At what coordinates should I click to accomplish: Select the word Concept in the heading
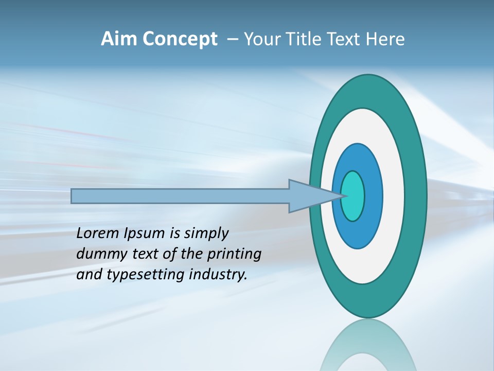coord(180,39)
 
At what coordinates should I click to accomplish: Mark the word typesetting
coord(146,275)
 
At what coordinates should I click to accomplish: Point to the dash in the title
coord(233,39)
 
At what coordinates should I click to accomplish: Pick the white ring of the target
coord(394,196)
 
